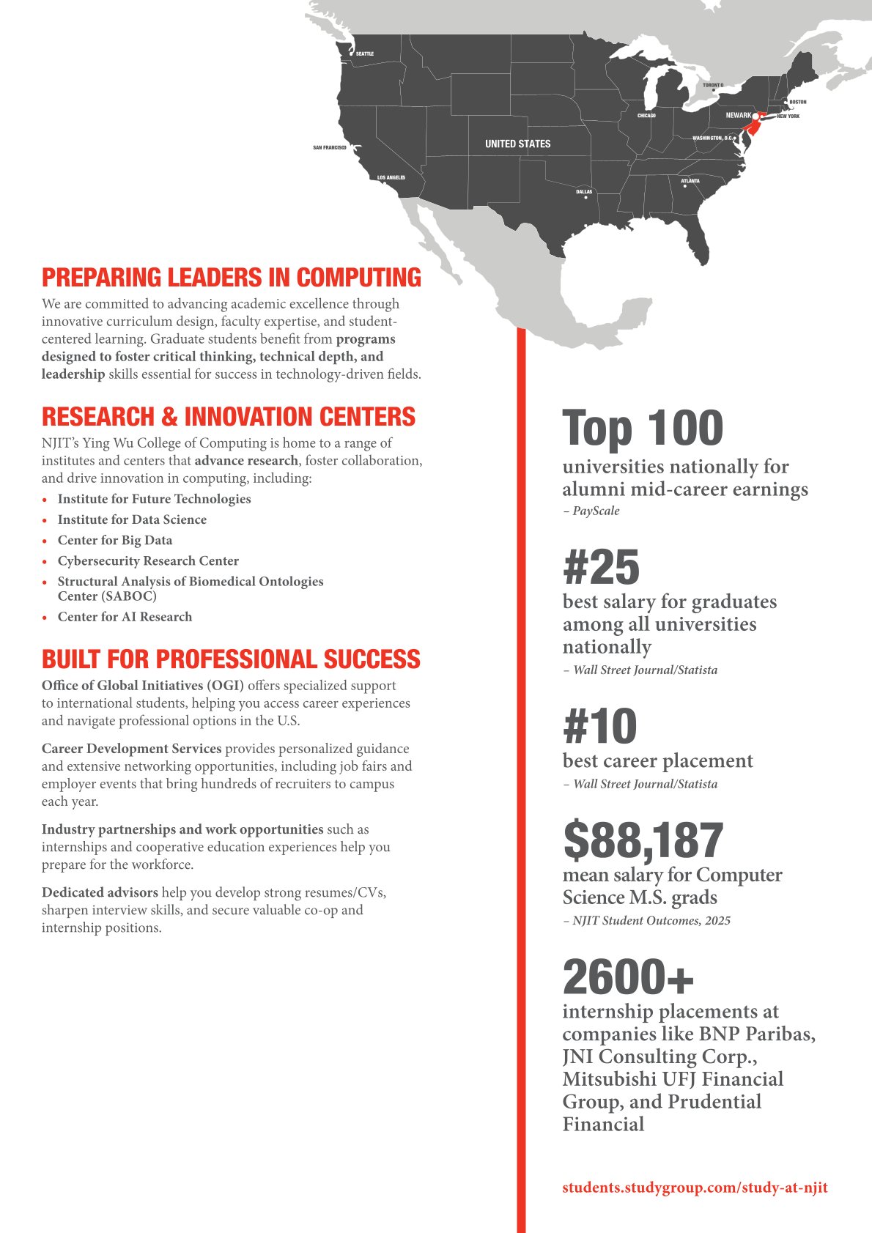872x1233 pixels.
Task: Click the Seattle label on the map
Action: click(365, 53)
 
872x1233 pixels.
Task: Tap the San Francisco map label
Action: click(330, 148)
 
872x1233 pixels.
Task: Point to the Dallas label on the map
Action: click(584, 192)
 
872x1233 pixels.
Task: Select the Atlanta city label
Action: click(690, 181)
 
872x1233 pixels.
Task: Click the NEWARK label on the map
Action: click(739, 115)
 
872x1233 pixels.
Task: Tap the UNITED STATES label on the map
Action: click(517, 144)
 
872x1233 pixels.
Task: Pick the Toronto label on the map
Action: click(713, 86)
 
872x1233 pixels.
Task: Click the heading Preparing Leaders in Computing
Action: click(232, 278)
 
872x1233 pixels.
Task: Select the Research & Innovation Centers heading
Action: click(229, 417)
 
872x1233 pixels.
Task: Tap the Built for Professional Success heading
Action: click(231, 659)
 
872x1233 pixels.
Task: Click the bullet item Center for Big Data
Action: click(115, 540)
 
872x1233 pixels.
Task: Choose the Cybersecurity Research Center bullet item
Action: click(148, 560)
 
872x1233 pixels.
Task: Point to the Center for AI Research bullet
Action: click(125, 617)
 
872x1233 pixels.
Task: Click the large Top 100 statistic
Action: click(643, 429)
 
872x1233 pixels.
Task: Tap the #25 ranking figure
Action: click(602, 567)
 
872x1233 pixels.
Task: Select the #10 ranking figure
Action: click(600, 726)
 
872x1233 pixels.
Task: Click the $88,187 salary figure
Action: click(643, 840)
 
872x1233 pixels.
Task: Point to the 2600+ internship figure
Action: click(628, 977)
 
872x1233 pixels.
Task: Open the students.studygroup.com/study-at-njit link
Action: click(695, 1187)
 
